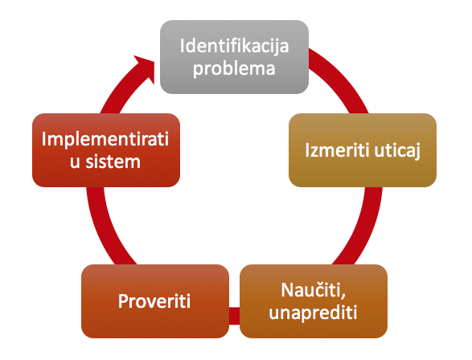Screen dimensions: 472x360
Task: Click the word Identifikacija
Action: click(x=234, y=46)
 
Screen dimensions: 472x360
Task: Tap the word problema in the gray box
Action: click(x=234, y=69)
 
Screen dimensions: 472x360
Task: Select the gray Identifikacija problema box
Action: click(x=234, y=57)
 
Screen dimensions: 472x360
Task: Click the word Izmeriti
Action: click(x=337, y=149)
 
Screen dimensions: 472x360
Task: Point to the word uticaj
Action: click(x=397, y=150)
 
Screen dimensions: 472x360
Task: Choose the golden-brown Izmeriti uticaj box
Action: click(x=363, y=150)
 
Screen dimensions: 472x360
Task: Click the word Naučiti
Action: click(x=313, y=290)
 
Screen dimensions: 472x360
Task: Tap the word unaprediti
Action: click(x=313, y=313)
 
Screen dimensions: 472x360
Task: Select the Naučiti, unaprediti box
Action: click(x=314, y=301)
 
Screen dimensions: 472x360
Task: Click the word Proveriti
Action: click(x=154, y=301)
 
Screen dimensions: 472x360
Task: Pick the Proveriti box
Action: click(x=155, y=301)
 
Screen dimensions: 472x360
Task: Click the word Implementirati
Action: click(x=105, y=139)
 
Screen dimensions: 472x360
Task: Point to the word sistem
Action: click(x=113, y=162)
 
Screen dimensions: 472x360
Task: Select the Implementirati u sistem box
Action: click(x=106, y=150)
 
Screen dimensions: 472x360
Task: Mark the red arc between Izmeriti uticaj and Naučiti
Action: click(x=363, y=228)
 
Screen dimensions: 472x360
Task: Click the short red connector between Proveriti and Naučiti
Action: click(x=235, y=316)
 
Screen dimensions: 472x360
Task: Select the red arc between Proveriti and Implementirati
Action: click(x=104, y=228)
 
